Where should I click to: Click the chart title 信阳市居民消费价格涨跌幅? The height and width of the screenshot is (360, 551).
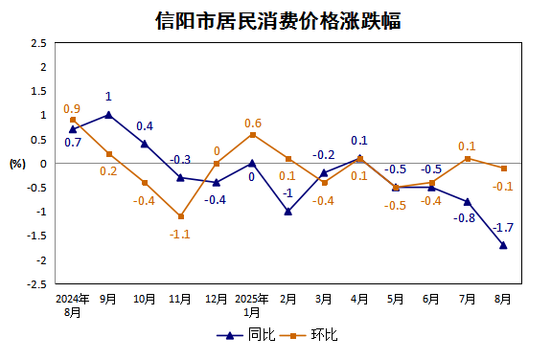(x=277, y=20)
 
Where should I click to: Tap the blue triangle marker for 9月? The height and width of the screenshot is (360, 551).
(x=108, y=115)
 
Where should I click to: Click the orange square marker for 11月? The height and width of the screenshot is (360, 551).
(x=180, y=216)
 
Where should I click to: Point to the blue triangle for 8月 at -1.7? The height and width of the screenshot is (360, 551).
(x=503, y=245)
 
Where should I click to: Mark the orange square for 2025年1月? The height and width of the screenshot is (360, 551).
(x=252, y=134)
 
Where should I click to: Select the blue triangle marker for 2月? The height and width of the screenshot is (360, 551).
(x=287, y=212)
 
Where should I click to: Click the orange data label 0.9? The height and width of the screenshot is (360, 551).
(x=72, y=108)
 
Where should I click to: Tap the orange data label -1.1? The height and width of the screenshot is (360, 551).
(x=180, y=233)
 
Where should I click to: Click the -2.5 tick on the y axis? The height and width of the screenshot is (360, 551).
(x=36, y=284)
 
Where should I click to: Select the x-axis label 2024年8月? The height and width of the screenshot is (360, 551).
(x=72, y=304)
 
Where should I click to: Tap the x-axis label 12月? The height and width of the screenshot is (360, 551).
(x=216, y=299)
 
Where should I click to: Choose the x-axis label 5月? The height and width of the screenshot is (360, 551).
(x=395, y=299)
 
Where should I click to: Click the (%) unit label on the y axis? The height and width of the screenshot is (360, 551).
(x=17, y=164)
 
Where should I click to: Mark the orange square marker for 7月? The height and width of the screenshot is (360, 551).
(x=468, y=158)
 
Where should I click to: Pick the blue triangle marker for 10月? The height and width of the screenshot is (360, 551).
(x=144, y=144)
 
